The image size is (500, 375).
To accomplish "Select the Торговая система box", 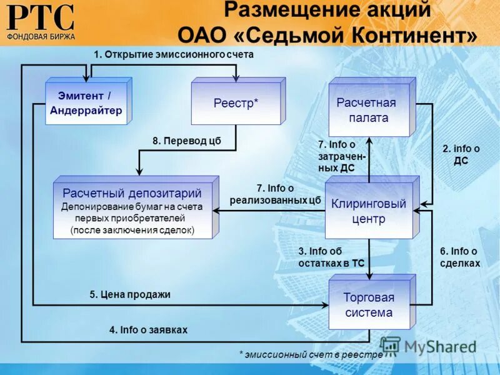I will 369,305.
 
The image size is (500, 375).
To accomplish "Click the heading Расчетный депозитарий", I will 132,193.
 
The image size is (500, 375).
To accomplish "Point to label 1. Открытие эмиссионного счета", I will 173,54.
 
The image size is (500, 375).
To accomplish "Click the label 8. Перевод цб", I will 187,141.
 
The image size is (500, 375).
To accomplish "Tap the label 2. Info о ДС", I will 461,154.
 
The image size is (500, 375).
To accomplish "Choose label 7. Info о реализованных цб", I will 275,194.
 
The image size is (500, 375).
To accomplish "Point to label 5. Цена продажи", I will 130,294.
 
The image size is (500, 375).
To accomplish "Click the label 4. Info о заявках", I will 148,329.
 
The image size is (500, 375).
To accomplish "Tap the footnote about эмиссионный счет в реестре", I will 311,354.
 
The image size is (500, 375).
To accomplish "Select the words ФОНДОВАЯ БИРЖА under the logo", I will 41,36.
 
